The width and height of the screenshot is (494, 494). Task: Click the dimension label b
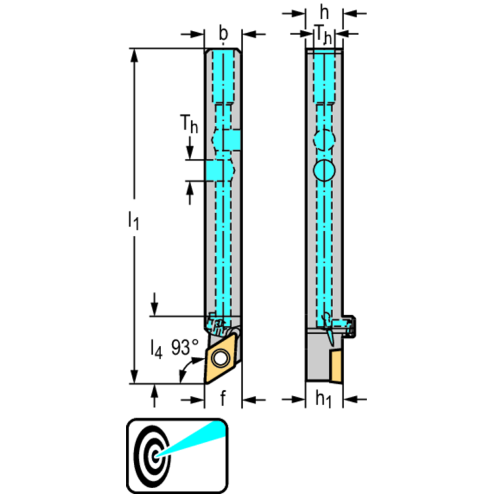[x=223, y=33]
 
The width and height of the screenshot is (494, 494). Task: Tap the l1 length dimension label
[x=133, y=221]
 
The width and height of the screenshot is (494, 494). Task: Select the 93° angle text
[x=185, y=348]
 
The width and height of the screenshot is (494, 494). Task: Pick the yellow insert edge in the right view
[x=336, y=365]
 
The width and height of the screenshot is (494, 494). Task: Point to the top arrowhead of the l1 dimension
[x=135, y=54]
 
